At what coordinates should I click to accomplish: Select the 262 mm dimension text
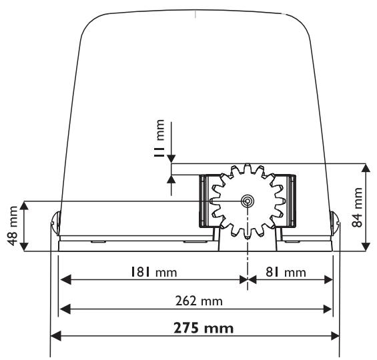click(195, 301)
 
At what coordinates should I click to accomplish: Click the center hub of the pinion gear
click(248, 201)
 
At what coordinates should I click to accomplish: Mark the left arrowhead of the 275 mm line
click(56, 336)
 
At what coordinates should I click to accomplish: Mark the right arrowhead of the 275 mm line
click(335, 336)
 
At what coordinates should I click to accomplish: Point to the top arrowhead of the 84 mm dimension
click(366, 167)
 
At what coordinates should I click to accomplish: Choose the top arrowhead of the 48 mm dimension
click(25, 205)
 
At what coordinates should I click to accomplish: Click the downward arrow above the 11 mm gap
click(171, 158)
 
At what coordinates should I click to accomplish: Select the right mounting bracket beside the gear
click(288, 200)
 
